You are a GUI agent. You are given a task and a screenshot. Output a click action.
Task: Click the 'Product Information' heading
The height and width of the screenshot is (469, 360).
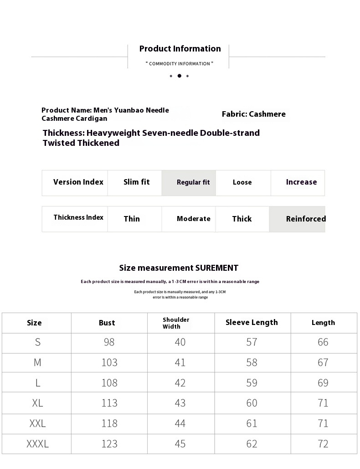tap(180, 49)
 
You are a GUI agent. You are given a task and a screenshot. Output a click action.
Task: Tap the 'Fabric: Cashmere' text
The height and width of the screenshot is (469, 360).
tap(253, 114)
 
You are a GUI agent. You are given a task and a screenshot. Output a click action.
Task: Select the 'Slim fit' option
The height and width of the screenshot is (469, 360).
tap(136, 182)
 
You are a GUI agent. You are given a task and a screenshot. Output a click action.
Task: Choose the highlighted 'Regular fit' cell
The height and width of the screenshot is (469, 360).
tap(193, 182)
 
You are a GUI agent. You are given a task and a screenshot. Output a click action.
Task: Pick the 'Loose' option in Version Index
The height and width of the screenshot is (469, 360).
tap(242, 182)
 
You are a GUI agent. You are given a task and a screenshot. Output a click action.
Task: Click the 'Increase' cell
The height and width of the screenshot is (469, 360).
tap(301, 182)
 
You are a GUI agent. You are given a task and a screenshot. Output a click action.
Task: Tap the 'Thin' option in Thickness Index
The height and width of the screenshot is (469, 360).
tap(132, 219)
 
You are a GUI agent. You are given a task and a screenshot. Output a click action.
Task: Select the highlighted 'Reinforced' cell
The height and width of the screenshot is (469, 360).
tap(305, 219)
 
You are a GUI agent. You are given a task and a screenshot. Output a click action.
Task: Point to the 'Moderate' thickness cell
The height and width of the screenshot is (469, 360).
tap(193, 219)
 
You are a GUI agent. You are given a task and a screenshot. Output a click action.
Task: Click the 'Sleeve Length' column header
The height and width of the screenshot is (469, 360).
tap(252, 322)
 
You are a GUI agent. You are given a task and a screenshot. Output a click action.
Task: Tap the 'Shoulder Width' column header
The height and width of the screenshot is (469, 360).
tap(176, 323)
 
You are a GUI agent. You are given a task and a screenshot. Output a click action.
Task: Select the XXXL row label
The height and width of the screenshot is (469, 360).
tap(37, 443)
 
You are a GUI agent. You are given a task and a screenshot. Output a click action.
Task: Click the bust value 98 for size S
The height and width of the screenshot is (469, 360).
tap(109, 342)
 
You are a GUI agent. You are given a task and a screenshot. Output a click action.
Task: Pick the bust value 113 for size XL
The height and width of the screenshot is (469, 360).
tap(109, 403)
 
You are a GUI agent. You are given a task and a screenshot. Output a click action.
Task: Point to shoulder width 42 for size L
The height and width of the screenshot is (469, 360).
tap(180, 382)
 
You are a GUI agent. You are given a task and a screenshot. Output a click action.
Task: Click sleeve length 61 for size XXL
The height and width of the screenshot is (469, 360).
tap(252, 423)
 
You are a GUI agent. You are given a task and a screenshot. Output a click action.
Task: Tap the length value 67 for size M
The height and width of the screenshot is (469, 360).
tap(323, 362)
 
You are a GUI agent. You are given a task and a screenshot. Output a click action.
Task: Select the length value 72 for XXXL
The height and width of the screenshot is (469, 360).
tap(323, 443)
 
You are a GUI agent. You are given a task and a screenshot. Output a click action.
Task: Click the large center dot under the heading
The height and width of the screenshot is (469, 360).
tap(179, 76)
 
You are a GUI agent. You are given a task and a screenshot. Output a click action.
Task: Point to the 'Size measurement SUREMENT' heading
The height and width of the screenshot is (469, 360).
tap(179, 268)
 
